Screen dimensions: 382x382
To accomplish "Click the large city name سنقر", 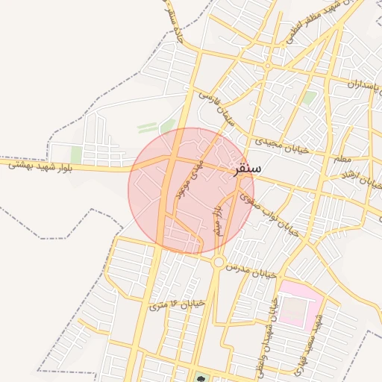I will point(247,169).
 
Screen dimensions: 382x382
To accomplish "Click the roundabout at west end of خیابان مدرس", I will point(219,262).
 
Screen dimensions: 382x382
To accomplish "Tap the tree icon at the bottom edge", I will point(200,378).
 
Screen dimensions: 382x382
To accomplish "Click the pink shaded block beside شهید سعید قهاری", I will point(298,306).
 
